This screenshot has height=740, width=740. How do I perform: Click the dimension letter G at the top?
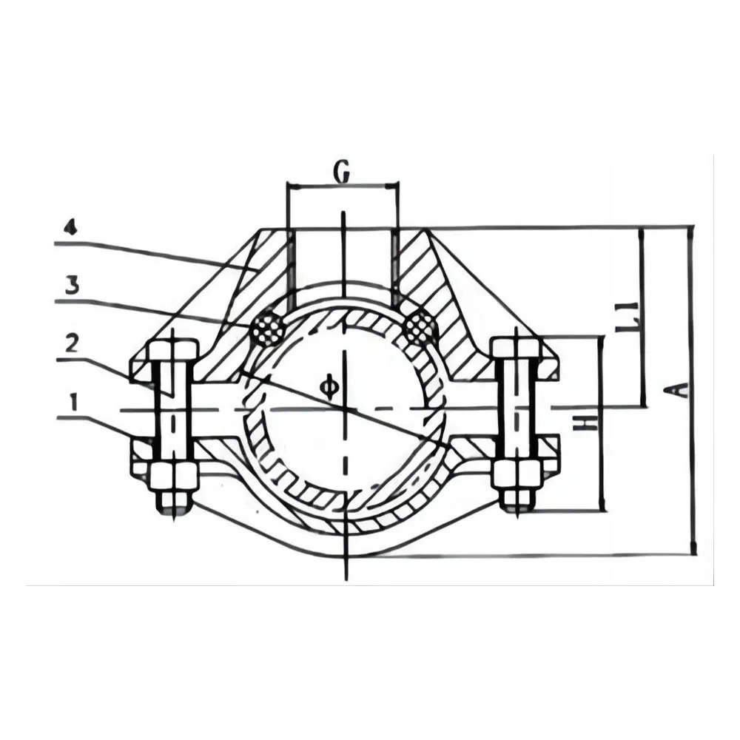tap(343, 172)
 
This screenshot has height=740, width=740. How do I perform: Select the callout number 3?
tap(72, 286)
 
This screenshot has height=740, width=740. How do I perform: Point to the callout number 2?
tap(71, 344)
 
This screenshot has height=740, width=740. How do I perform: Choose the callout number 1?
tap(73, 403)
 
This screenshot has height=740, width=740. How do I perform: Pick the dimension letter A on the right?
tap(677, 391)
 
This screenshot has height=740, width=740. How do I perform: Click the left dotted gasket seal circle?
tap(268, 329)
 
